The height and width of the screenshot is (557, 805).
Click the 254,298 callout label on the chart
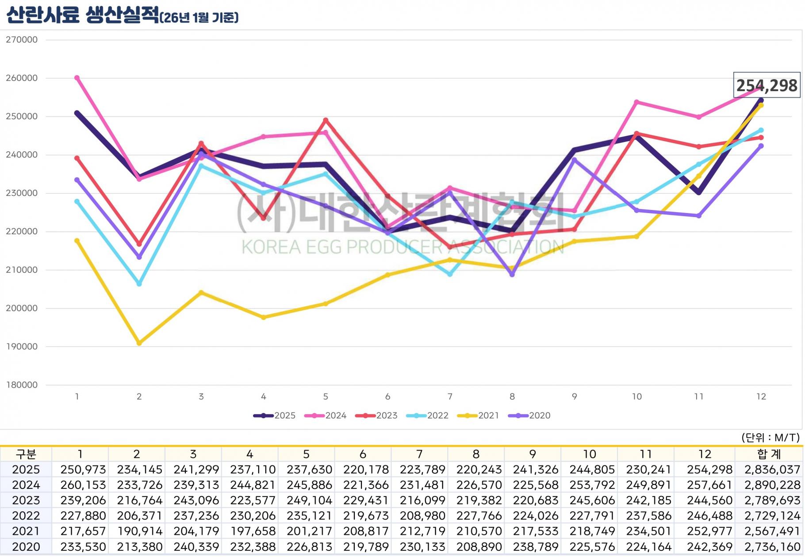coord(767,85)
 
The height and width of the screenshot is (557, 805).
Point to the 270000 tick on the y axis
coord(22,40)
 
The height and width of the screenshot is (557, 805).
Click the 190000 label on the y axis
coord(22,347)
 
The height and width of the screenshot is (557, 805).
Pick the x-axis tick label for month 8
coord(512,397)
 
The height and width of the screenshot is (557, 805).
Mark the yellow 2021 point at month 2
coord(139,343)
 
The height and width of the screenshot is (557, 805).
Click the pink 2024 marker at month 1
coord(77,78)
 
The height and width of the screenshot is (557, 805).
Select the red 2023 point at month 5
coord(326,120)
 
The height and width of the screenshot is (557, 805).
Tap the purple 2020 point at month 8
coord(512,275)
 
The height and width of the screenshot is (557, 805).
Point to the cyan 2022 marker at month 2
coord(139,284)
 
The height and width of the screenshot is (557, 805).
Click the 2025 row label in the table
coord(26,469)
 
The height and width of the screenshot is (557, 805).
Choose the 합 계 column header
coord(769,454)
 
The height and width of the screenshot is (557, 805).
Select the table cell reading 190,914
coord(140,531)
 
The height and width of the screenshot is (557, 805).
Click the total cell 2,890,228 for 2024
coord(772,485)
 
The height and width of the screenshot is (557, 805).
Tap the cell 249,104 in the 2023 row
coord(309,500)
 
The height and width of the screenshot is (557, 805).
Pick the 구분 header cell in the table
coord(26,454)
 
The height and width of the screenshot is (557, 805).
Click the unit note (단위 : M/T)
coord(770,438)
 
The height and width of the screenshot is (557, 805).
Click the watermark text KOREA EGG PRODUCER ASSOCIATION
coord(402,247)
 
